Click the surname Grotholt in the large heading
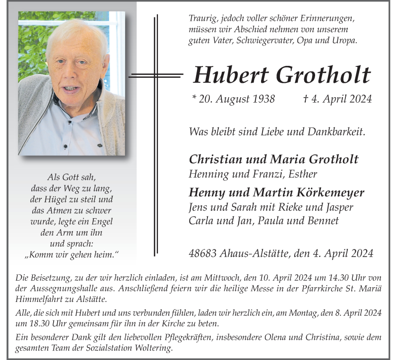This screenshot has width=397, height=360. pos(323,75)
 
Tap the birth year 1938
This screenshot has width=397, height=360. pos(263,99)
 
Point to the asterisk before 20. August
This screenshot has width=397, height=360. pos(194,97)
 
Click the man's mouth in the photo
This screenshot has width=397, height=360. pos(71,90)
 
